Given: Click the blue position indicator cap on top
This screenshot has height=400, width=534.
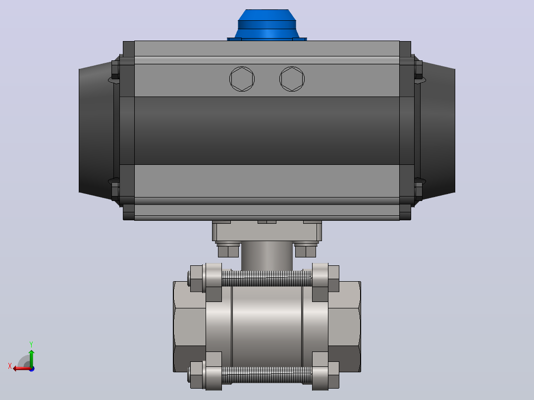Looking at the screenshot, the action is point(267,25).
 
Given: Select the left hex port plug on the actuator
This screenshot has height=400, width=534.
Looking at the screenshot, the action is point(242,79).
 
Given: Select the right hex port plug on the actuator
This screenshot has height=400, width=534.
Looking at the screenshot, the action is point(292,79).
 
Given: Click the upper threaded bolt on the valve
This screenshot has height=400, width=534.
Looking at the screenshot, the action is point(267,278).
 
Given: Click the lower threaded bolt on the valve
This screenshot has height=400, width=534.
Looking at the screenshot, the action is point(267,375).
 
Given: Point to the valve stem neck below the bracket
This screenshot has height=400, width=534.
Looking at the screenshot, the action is point(267,256).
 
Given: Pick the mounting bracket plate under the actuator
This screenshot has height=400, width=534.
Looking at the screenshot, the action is point(267,232).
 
